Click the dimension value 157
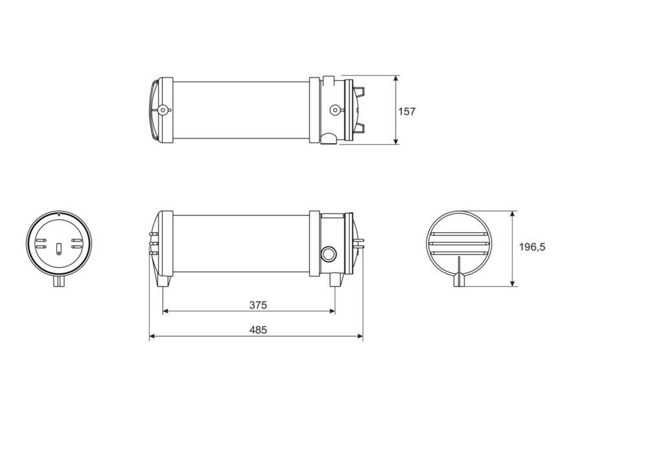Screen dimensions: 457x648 pyautogui.click(x=406, y=111)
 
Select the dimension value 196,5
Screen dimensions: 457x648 pyautogui.click(x=532, y=247)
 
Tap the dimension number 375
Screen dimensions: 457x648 pyautogui.click(x=257, y=304)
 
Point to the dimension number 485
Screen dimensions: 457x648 pyautogui.click(x=258, y=329)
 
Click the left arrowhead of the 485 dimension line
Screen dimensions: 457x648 pyautogui.click(x=153, y=337)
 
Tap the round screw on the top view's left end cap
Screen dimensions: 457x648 pyautogui.click(x=162, y=110)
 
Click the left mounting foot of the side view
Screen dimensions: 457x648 pyautogui.click(x=165, y=281)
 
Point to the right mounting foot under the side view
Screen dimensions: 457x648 pyautogui.click(x=335, y=280)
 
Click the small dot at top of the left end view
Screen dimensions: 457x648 pyautogui.click(x=59, y=214)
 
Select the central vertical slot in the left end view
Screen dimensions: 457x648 pyautogui.click(x=59, y=249)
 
